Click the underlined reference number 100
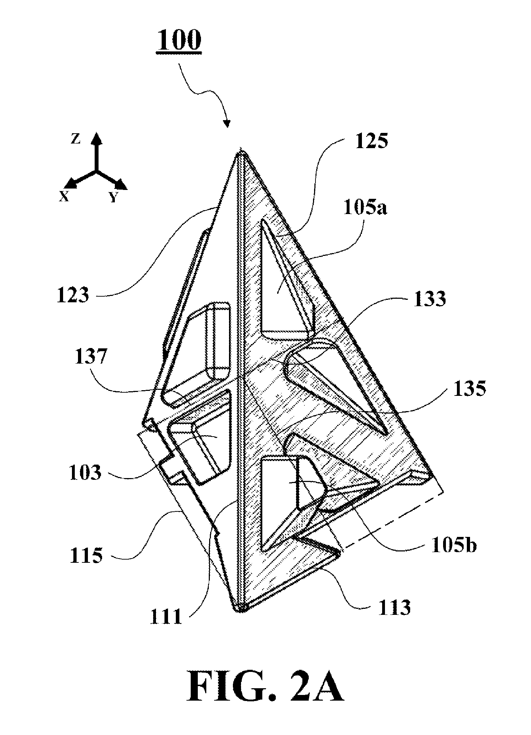pyautogui.click(x=179, y=41)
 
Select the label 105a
pyautogui.click(x=365, y=207)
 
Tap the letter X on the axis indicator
pyautogui.click(x=64, y=197)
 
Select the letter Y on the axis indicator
pyautogui.click(x=113, y=197)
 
